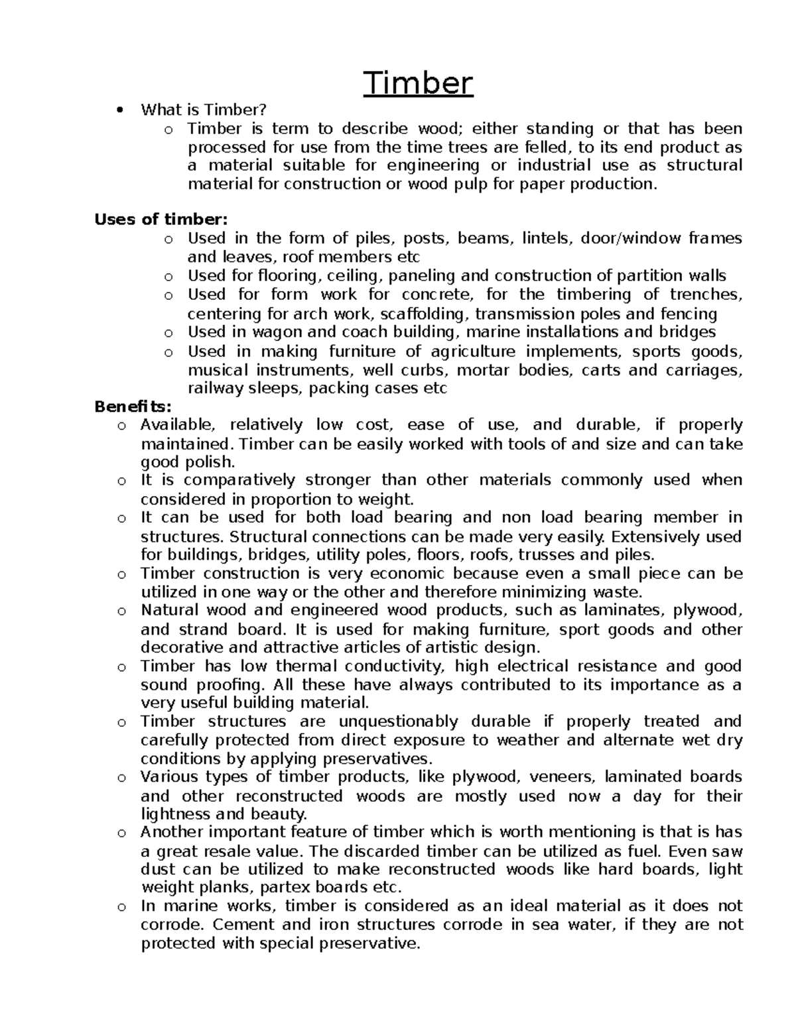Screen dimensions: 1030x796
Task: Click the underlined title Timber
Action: tap(419, 84)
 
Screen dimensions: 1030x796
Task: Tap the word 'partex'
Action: tap(281, 887)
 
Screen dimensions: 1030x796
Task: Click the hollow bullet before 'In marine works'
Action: tap(121, 907)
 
